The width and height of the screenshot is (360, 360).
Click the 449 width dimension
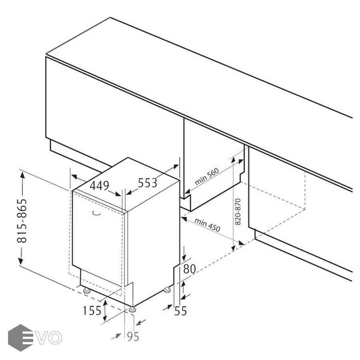(x=99, y=186)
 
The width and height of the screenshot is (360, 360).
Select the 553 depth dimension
(x=147, y=183)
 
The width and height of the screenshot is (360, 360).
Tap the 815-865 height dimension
(x=22, y=221)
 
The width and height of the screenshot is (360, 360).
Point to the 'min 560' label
(x=207, y=176)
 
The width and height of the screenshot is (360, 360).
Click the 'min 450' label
(x=207, y=225)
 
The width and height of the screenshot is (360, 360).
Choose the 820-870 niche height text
(x=238, y=212)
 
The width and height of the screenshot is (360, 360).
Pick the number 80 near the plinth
(x=190, y=269)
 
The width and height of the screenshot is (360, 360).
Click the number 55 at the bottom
(x=181, y=311)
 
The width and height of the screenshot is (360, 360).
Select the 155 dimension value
(x=92, y=311)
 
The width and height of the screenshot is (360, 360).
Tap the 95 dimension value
(x=133, y=336)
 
